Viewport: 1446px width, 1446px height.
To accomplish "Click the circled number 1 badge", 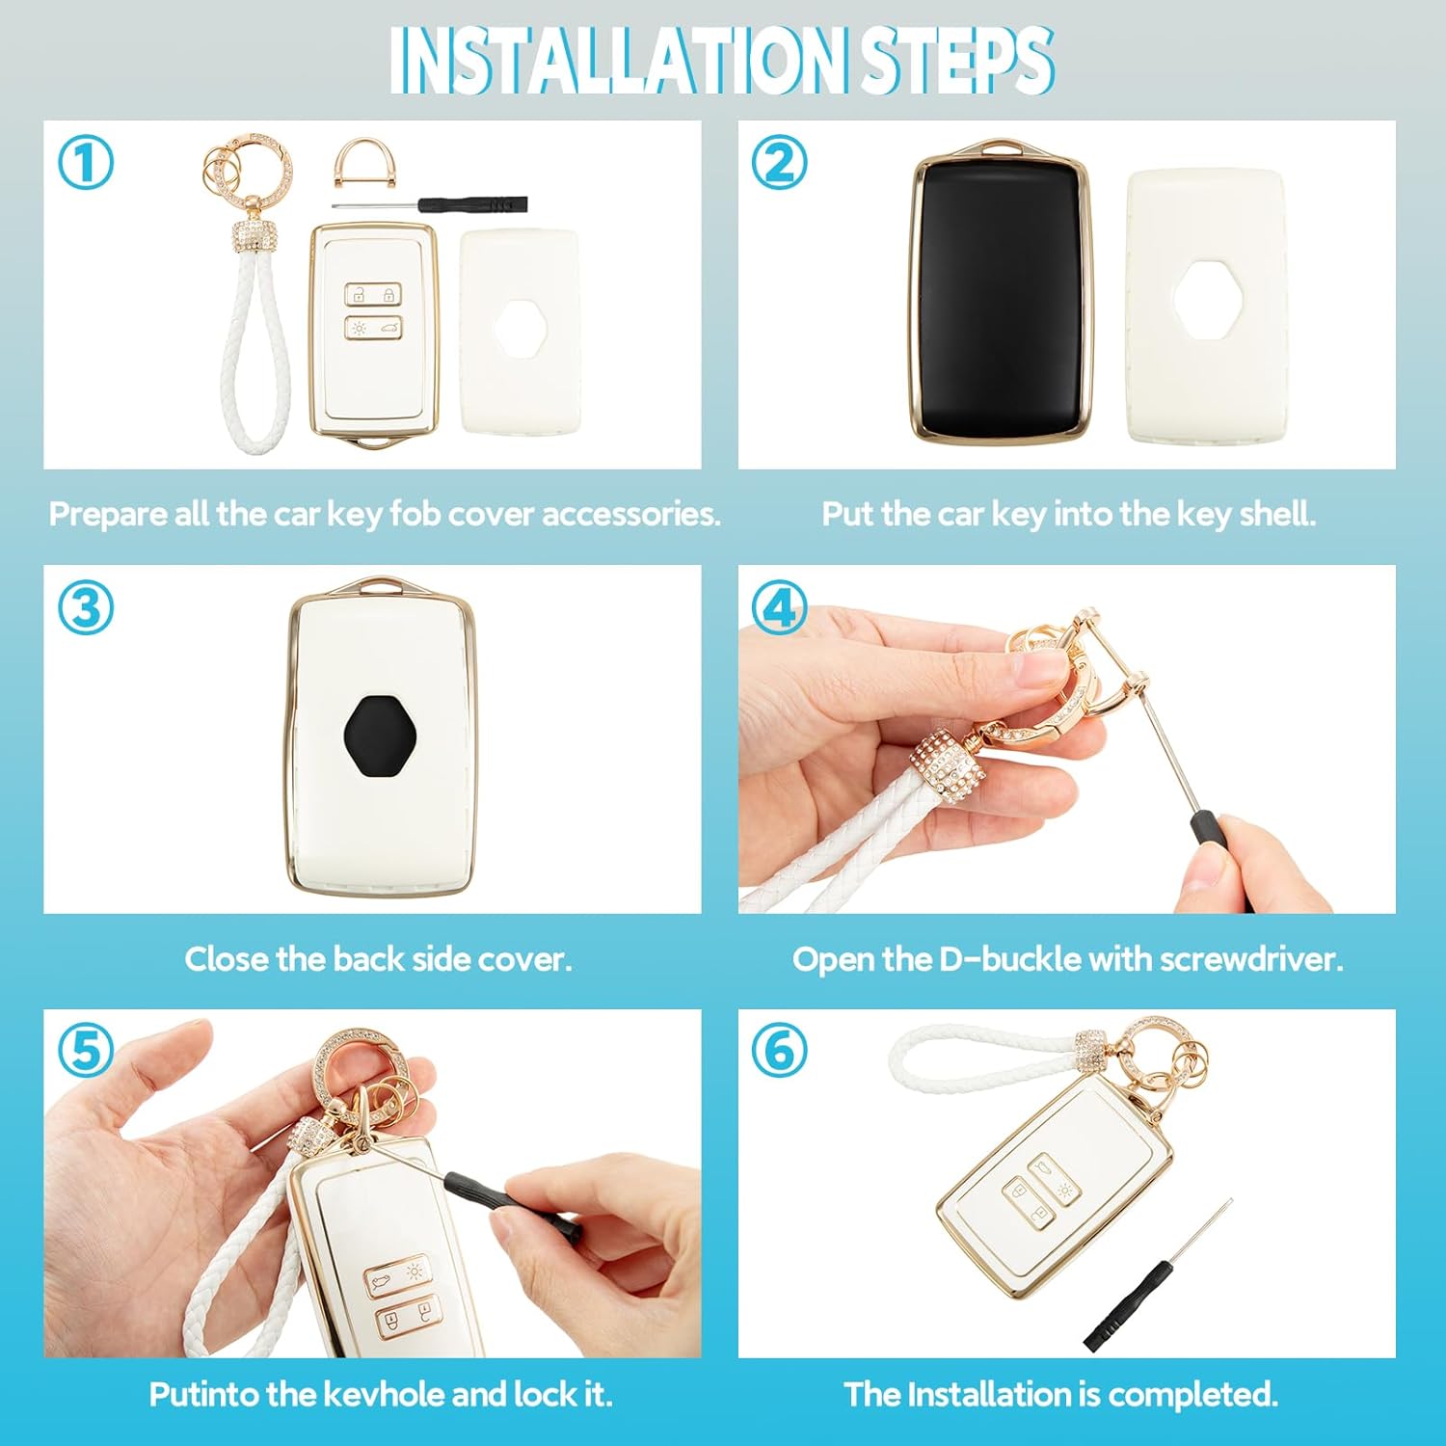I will pos(86,163).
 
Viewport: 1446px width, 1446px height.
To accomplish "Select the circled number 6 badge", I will pos(779,1051).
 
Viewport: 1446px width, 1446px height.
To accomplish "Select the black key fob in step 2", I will pos(1004,297).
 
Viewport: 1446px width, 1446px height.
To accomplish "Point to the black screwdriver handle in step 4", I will pos(1219,853).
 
